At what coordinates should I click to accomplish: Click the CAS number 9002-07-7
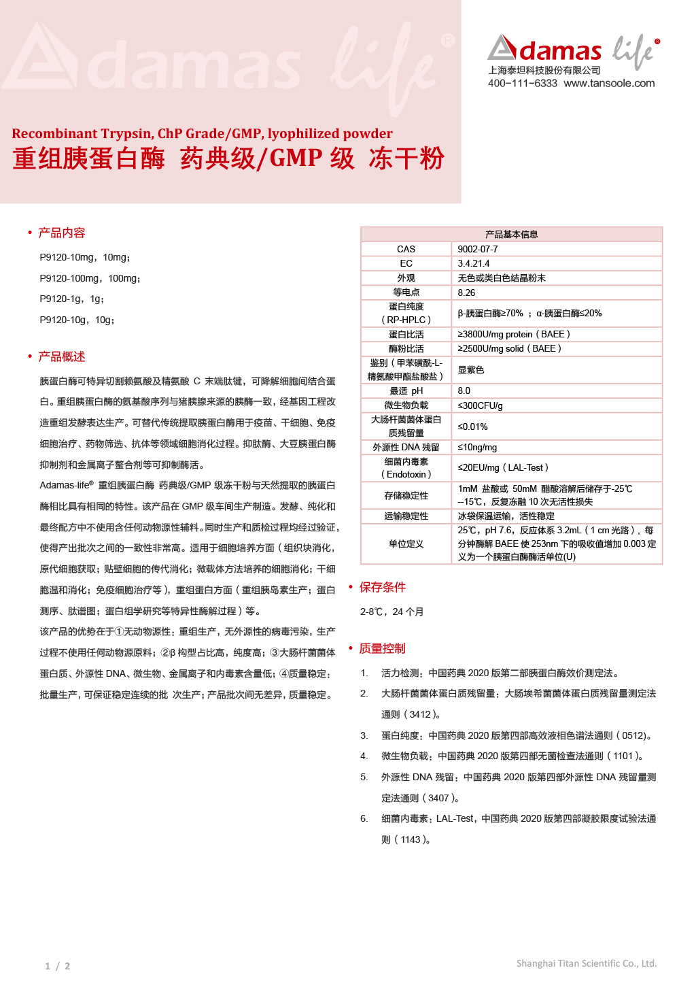478,249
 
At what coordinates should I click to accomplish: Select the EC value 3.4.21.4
474,263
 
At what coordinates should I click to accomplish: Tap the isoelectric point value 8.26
466,293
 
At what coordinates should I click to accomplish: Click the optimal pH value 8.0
464,390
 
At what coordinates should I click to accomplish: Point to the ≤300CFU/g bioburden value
480,405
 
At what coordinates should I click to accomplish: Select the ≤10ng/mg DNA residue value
477,447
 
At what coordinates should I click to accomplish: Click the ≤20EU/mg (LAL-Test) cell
503,467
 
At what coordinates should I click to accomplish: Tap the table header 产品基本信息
511,234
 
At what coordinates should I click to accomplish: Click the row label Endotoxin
406,474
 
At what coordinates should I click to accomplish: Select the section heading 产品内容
61,233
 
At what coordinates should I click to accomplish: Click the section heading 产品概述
61,356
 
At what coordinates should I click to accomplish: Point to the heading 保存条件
382,587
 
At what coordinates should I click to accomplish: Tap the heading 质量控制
382,648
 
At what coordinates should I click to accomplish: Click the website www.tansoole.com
609,83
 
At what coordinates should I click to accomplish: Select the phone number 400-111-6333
522,83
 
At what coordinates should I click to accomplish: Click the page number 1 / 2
58,966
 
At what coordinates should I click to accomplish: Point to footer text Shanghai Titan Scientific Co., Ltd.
586,963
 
